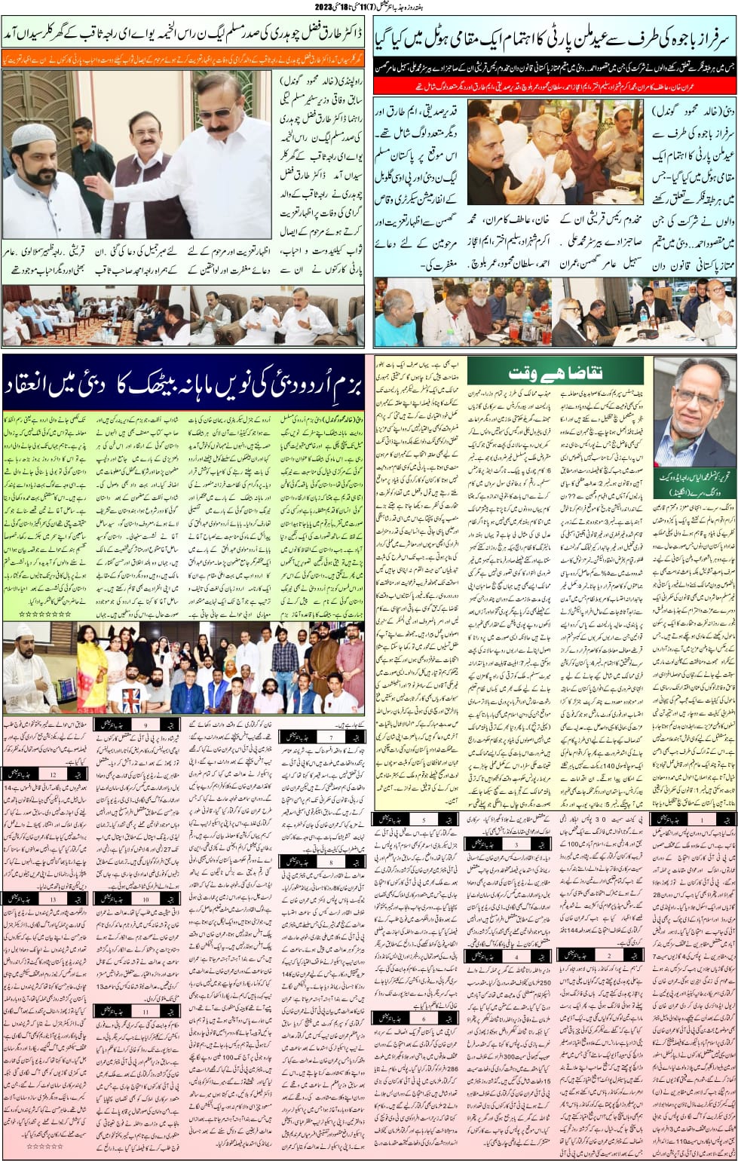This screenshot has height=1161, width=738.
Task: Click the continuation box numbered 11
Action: pos(136,1012)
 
